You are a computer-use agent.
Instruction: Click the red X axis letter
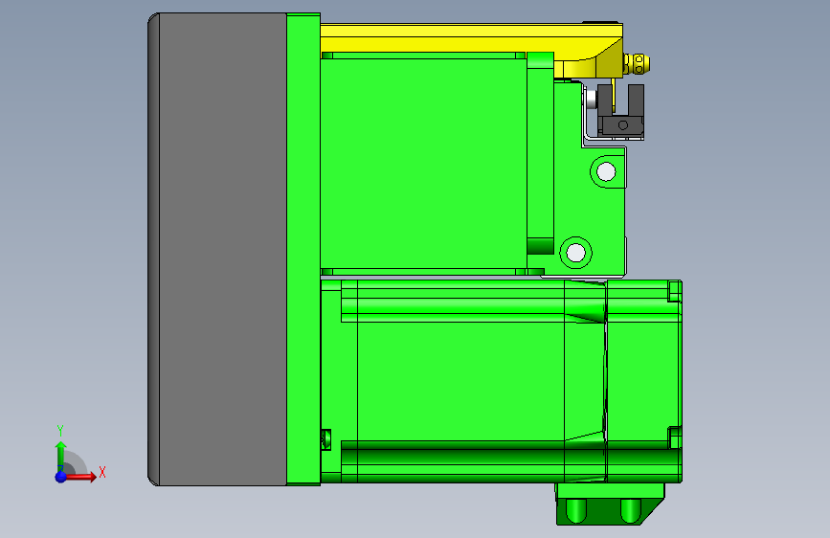[x=101, y=472]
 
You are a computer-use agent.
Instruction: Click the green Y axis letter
[x=59, y=430]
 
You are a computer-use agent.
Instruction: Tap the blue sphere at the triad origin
[x=61, y=476]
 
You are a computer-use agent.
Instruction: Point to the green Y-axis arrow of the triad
[x=60, y=452]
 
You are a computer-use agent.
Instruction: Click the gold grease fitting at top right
[x=639, y=64]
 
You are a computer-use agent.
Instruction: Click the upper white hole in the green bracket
[x=605, y=172]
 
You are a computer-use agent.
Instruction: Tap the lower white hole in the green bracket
[x=574, y=253]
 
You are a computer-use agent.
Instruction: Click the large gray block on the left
[x=220, y=249]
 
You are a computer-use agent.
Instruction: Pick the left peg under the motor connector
[x=577, y=510]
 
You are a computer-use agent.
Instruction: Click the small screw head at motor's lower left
[x=324, y=439]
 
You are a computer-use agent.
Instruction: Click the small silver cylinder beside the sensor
[x=592, y=99]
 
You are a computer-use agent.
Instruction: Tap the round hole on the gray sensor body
[x=621, y=124]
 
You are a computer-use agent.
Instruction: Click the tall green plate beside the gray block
[x=303, y=249]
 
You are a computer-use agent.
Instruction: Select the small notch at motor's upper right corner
[x=675, y=289]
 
